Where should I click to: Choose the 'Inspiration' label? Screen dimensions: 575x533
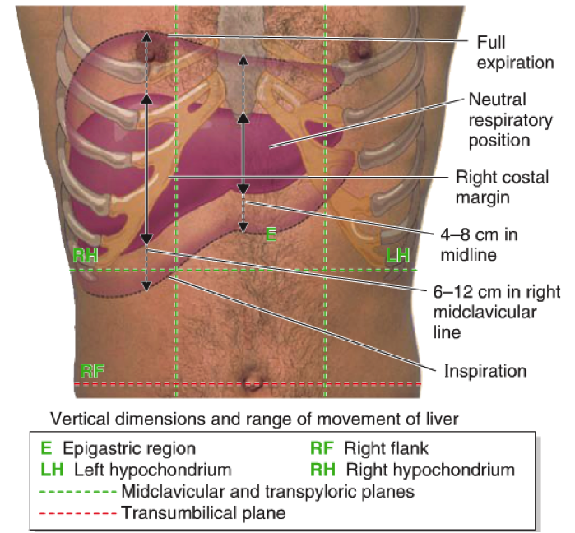(485, 370)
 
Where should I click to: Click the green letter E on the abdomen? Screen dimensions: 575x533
(270, 234)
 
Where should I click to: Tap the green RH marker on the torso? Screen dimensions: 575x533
(86, 255)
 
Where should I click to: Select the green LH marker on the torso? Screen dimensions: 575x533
(398, 255)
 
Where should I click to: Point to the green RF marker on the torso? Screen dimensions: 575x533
(93, 369)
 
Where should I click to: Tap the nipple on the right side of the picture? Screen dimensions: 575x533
(359, 51)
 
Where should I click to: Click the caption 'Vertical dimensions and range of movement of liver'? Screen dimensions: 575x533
(254, 419)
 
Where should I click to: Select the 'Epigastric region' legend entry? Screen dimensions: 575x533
(118, 449)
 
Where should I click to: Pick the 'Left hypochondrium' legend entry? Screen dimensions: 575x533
(136, 470)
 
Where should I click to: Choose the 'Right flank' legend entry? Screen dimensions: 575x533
(369, 449)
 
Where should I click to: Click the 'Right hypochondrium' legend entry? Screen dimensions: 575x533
(412, 470)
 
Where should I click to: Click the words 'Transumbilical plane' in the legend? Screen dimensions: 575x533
(202, 514)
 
